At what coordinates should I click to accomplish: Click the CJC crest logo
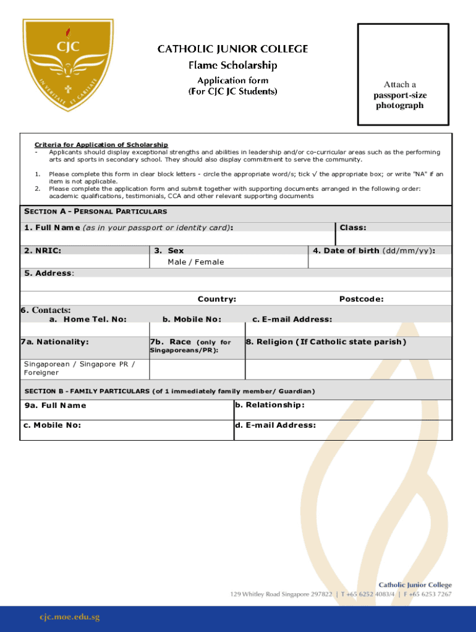(x=67, y=65)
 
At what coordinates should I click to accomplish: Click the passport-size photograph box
(x=403, y=74)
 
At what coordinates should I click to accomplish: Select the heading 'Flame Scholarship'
(x=232, y=65)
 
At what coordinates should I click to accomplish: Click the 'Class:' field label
(x=353, y=228)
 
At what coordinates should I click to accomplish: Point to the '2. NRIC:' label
(x=43, y=251)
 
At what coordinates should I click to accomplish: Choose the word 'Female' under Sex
(x=210, y=262)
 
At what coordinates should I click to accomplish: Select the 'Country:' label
(x=216, y=299)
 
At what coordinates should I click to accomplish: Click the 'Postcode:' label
(x=361, y=299)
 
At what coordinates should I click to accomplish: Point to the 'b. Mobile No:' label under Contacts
(x=192, y=319)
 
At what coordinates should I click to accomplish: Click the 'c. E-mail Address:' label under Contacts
(x=292, y=319)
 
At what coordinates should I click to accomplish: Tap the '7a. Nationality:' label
(x=54, y=342)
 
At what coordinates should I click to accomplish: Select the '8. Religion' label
(x=326, y=342)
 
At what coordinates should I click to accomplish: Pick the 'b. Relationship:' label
(x=270, y=405)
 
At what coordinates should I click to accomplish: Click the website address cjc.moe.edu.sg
(x=69, y=617)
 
